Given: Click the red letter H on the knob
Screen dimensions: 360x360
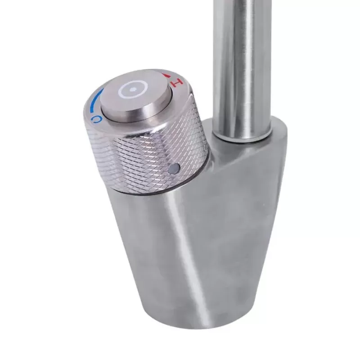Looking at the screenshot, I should click(179, 82).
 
